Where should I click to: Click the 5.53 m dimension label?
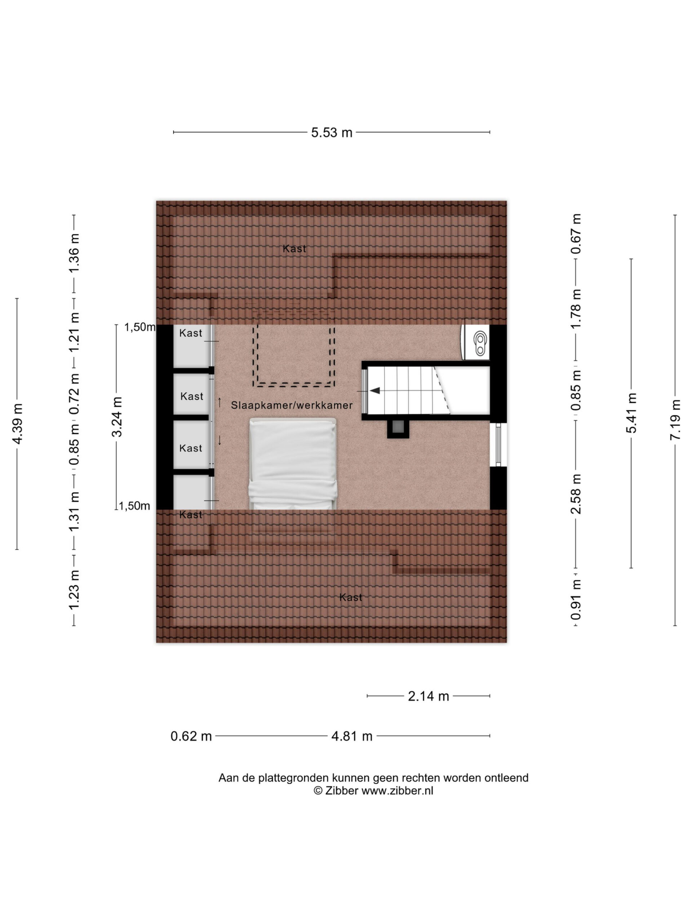pyautogui.click(x=332, y=133)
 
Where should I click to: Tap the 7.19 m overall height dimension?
pyautogui.click(x=674, y=420)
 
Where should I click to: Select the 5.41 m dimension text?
pyautogui.click(x=631, y=413)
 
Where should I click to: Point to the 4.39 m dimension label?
pyautogui.click(x=17, y=424)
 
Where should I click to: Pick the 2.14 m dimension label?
pyautogui.click(x=429, y=696)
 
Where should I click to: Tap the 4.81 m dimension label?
pyautogui.click(x=352, y=736)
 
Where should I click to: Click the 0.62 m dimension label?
pyautogui.click(x=191, y=736)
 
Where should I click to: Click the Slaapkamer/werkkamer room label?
pyautogui.click(x=292, y=405)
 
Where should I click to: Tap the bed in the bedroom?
pyautogui.click(x=292, y=464)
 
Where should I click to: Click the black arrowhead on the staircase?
pyautogui.click(x=374, y=390)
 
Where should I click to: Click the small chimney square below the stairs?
pyautogui.click(x=398, y=429)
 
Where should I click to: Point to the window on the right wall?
pyautogui.click(x=498, y=444)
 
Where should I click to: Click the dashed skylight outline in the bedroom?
pyautogui.click(x=294, y=356)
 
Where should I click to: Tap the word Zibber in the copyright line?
pyautogui.click(x=341, y=791)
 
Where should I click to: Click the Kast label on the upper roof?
pyautogui.click(x=294, y=249)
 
